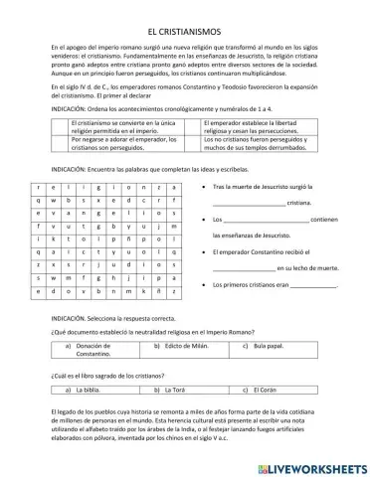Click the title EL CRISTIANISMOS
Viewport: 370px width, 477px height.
pyautogui.click(x=185, y=31)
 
